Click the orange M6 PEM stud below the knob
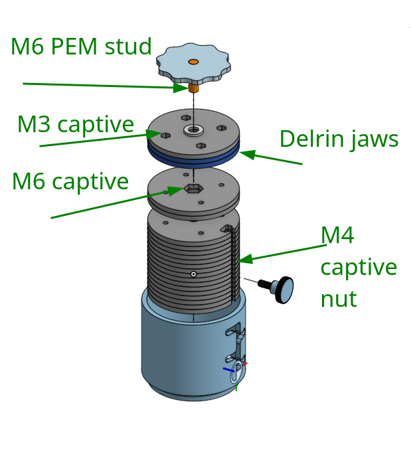[x=193, y=88]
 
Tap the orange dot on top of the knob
[x=193, y=62]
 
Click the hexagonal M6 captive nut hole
[x=192, y=189]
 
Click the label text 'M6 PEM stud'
[x=81, y=46]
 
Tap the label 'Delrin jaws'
[x=339, y=139]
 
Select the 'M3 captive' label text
[x=76, y=124]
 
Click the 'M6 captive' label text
[x=70, y=181]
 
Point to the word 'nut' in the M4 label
[x=339, y=299]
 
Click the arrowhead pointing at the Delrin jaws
[x=248, y=154]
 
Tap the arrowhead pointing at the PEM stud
[x=181, y=88]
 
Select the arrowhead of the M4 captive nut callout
[x=246, y=259]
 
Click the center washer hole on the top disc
[x=193, y=130]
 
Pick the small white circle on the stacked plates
[x=193, y=274]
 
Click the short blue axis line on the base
[x=228, y=370]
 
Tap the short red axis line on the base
[x=245, y=364]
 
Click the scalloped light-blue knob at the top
[x=193, y=64]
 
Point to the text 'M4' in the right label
[x=337, y=235]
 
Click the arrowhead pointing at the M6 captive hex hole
[x=175, y=191]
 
